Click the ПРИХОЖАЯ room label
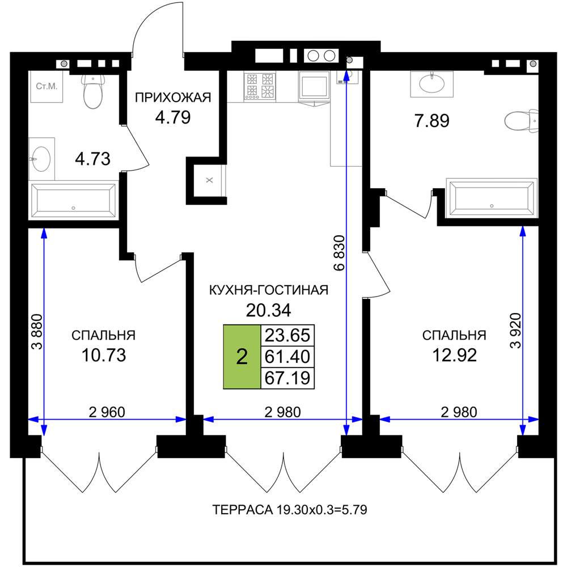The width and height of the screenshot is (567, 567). (x=173, y=98)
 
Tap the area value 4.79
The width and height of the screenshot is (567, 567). (x=173, y=117)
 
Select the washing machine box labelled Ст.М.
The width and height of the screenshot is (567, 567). (x=46, y=86)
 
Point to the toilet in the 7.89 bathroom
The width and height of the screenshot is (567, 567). (x=521, y=120)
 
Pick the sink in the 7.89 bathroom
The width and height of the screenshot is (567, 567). (x=431, y=84)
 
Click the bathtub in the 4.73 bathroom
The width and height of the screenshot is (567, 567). (x=73, y=201)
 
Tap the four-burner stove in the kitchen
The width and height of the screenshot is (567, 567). (x=260, y=86)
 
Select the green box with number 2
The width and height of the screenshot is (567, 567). (x=242, y=357)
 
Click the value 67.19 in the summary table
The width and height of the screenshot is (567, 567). (x=287, y=378)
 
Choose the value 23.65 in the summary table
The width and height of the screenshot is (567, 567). (x=287, y=335)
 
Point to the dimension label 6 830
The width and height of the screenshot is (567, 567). (x=340, y=253)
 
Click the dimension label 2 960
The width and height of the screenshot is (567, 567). (x=107, y=412)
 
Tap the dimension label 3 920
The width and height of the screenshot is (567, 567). (x=515, y=331)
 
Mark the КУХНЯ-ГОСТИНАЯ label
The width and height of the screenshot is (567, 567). (x=269, y=290)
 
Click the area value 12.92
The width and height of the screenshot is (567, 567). (x=455, y=355)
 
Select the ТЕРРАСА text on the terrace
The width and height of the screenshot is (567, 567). (x=242, y=510)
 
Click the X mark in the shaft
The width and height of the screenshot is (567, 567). (x=209, y=180)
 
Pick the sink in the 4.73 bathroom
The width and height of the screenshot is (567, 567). (x=41, y=159)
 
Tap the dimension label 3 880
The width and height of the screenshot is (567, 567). (x=37, y=332)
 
